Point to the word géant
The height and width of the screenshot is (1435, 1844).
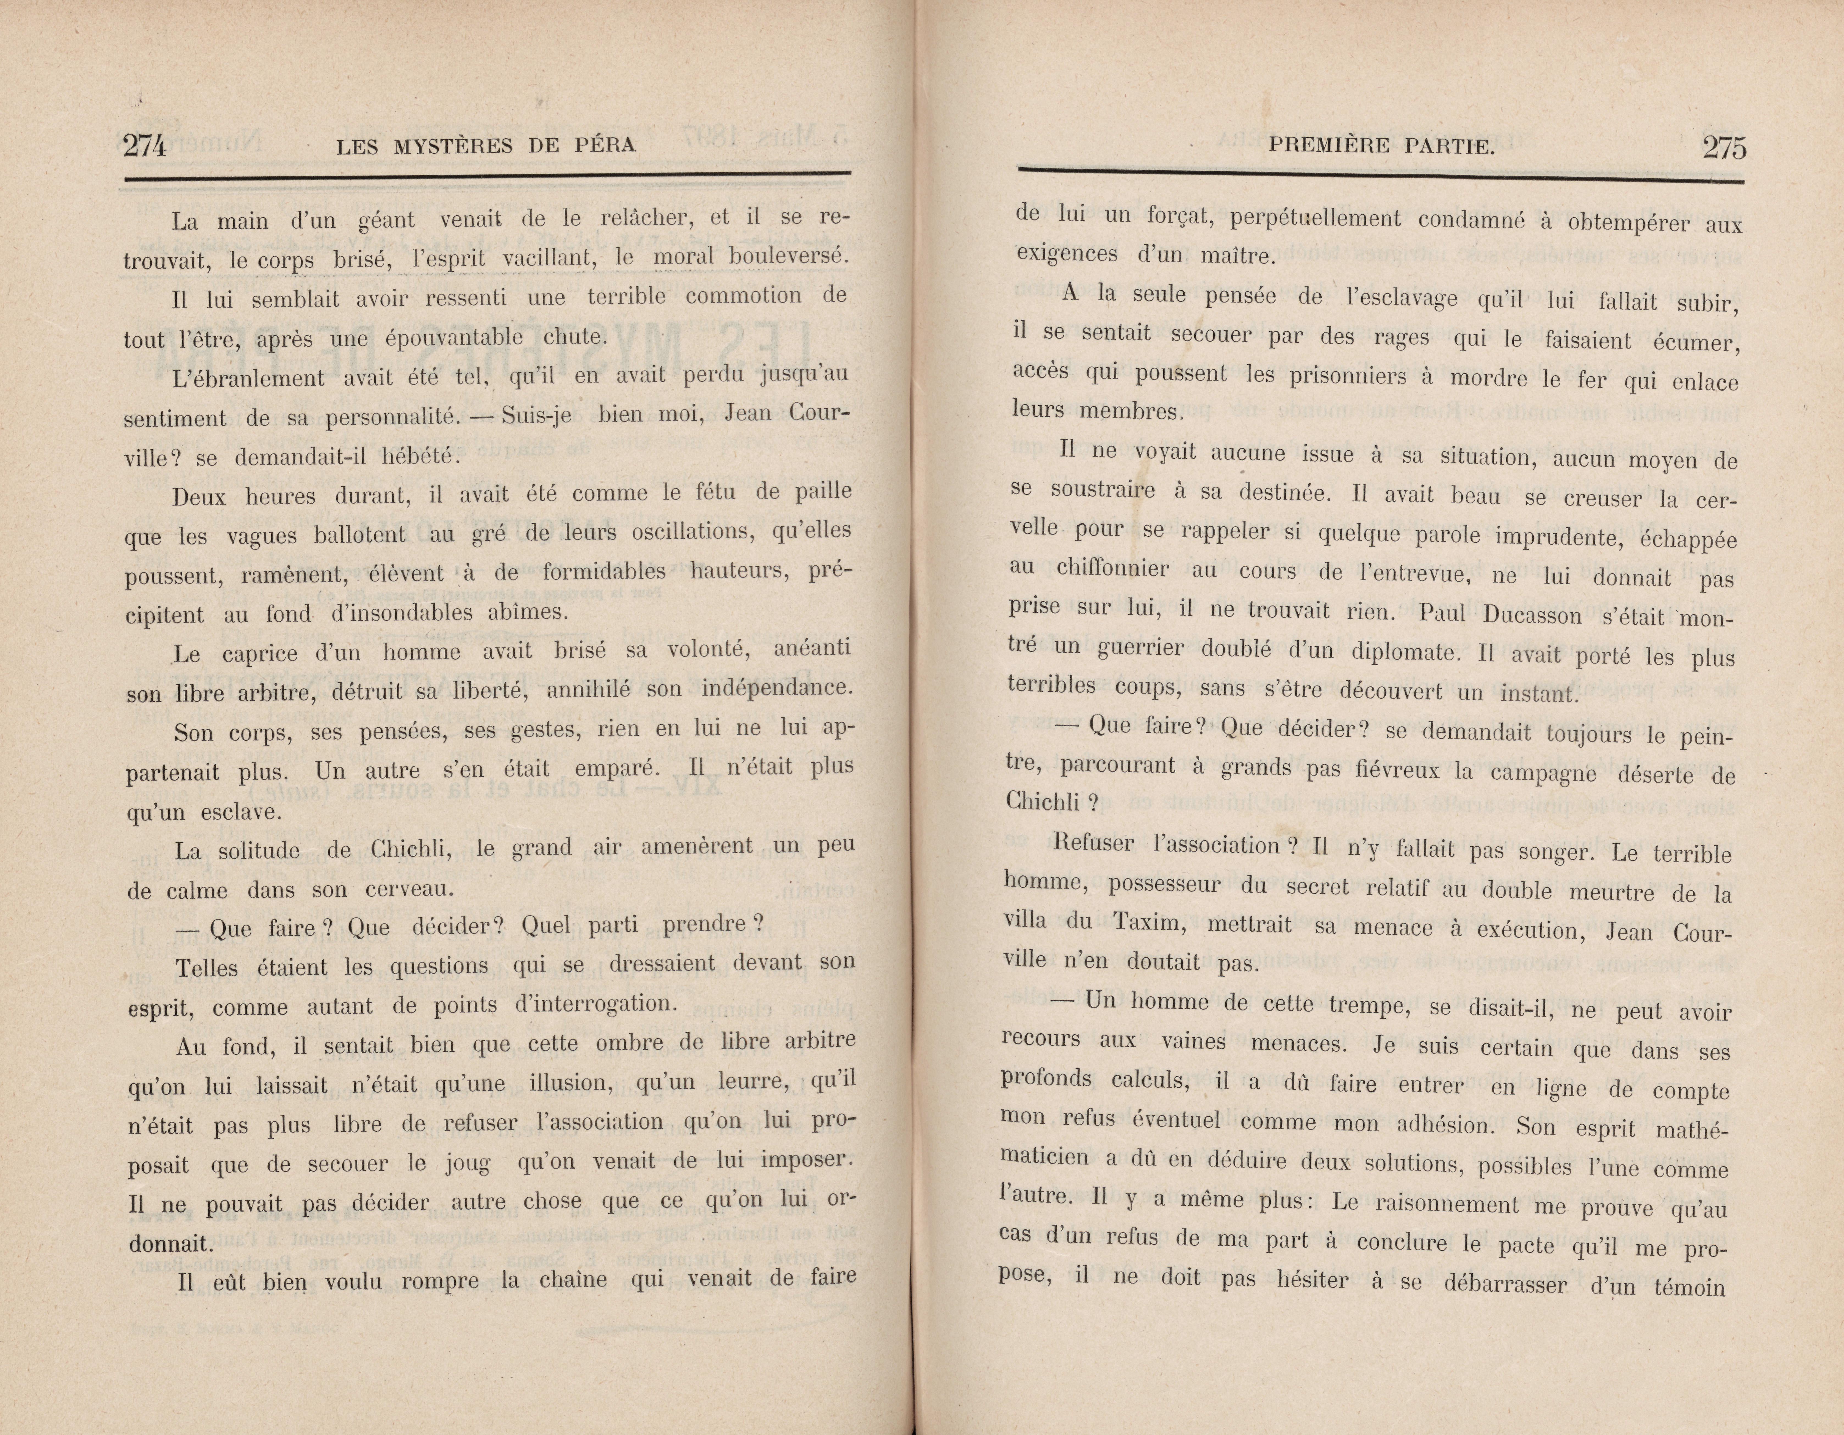(387, 221)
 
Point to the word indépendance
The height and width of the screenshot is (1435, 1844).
(777, 688)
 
